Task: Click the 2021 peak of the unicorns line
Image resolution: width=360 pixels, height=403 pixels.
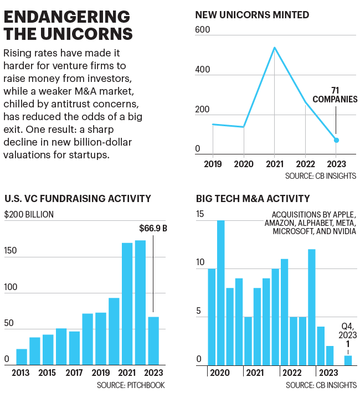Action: (274, 48)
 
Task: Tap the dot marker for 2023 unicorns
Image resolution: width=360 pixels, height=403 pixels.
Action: (336, 140)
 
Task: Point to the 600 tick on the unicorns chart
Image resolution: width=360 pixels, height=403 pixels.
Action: (203, 29)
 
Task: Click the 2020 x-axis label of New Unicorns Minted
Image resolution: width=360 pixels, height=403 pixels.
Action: (243, 164)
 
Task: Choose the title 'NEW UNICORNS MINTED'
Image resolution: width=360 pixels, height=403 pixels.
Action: (252, 15)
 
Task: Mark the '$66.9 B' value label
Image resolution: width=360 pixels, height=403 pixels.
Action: (153, 228)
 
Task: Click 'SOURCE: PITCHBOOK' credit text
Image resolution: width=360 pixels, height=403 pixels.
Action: (131, 385)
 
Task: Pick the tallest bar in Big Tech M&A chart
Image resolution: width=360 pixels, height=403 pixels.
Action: (220, 292)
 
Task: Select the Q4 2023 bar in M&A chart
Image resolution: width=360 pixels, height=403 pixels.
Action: (348, 360)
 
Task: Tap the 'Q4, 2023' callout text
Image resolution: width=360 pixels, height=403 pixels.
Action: (347, 330)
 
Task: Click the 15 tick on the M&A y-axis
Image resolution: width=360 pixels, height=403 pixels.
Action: (200, 214)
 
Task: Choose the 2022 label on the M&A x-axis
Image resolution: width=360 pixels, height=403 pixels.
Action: (292, 373)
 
